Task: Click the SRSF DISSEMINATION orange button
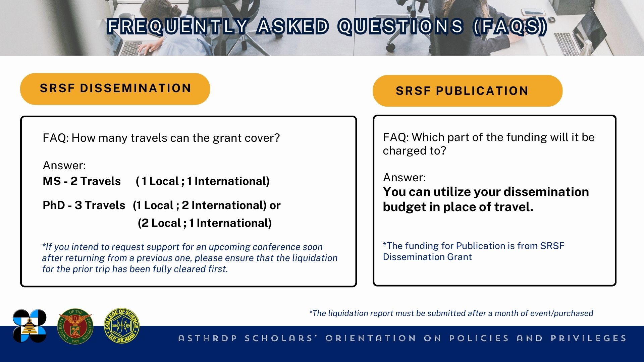[x=115, y=89]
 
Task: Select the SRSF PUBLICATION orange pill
[x=468, y=91]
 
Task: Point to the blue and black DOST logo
[x=30, y=326]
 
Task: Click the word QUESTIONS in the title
[x=400, y=26]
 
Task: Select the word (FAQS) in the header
[x=510, y=26]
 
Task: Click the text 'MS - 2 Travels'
[x=82, y=181]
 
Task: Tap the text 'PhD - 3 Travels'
[x=84, y=205]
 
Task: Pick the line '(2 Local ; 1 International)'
[x=205, y=223]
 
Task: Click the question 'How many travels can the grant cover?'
[x=175, y=138]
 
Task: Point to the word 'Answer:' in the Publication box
[x=404, y=177]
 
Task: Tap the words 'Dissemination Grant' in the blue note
[x=427, y=257]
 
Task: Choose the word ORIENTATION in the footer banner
[x=371, y=338]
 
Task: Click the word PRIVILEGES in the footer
[x=589, y=338]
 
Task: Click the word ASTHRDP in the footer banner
[x=208, y=338]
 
